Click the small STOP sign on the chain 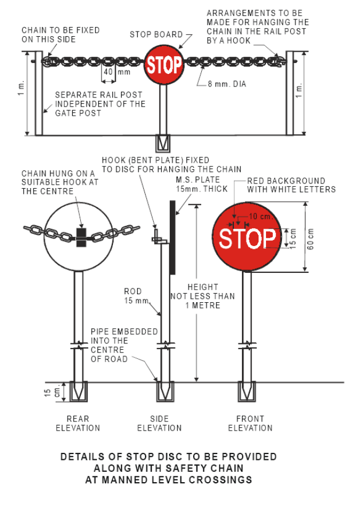coord(163,64)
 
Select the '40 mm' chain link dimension coord(116,73)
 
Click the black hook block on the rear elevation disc coord(81,236)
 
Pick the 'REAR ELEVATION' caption coord(77,423)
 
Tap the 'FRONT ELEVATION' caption coord(250,423)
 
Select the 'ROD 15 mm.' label coord(135,296)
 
